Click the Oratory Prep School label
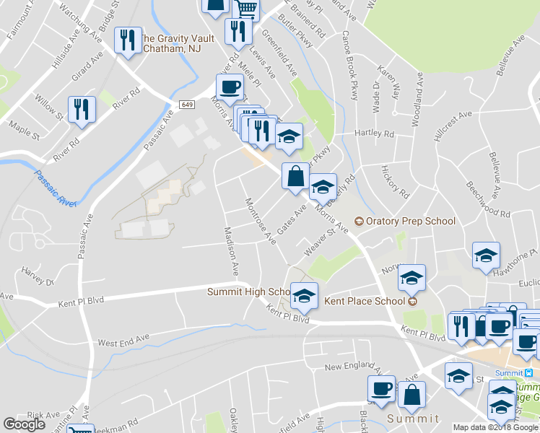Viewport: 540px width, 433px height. point(410,221)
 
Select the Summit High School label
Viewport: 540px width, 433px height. point(248,292)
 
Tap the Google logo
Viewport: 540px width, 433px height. point(24,424)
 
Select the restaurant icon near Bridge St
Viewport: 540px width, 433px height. point(127,40)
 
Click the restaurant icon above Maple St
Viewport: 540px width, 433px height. point(81,109)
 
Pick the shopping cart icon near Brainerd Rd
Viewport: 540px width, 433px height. point(246,9)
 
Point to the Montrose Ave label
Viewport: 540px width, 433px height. point(261,220)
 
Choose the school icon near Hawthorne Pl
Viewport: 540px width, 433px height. point(486,255)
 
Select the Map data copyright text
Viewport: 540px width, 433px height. point(495,427)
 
